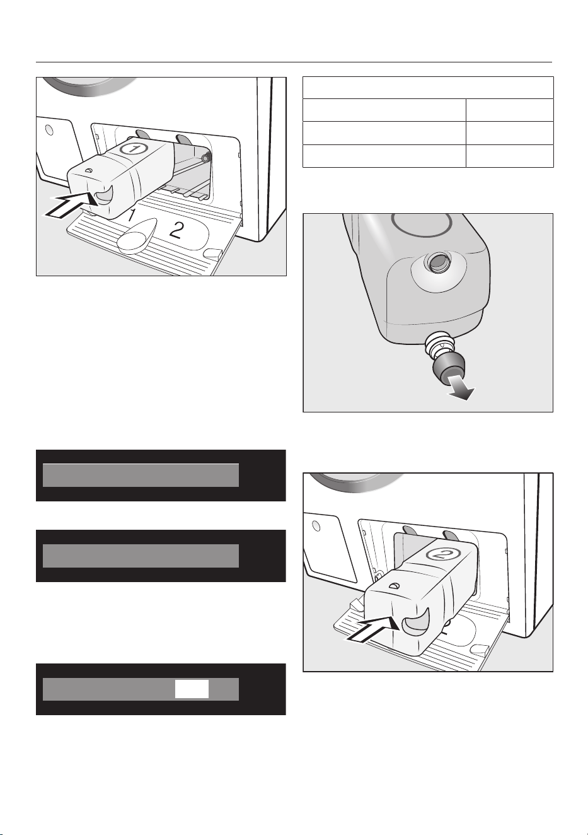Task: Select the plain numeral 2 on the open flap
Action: coord(175,231)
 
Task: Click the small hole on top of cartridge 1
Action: coord(88,170)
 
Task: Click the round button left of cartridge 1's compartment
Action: coord(49,130)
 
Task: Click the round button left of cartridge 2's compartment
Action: coord(316,525)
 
